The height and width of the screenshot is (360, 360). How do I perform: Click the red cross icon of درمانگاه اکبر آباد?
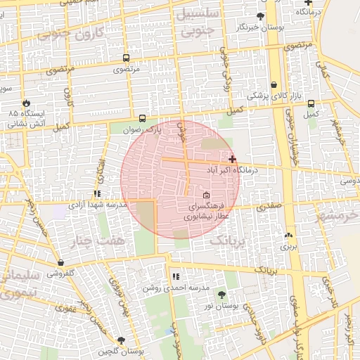coord(233,160)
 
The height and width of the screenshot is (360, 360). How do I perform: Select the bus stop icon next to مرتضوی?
coord(126,58)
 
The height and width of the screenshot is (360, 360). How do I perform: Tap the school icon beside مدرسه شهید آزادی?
coord(97,193)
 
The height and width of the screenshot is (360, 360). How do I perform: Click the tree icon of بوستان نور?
coord(222,295)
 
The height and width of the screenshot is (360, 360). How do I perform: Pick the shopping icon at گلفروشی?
coord(60,263)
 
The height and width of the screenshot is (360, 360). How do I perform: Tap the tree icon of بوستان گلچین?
coord(122,340)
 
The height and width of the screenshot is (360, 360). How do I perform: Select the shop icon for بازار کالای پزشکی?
coord(273,84)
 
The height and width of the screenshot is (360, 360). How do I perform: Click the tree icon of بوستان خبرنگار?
coord(261,15)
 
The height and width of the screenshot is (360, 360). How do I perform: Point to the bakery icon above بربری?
coord(288,236)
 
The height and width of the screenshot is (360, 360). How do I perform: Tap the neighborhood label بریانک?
coord(229,240)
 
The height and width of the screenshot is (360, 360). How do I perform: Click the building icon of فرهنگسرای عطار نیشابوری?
coord(206,195)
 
